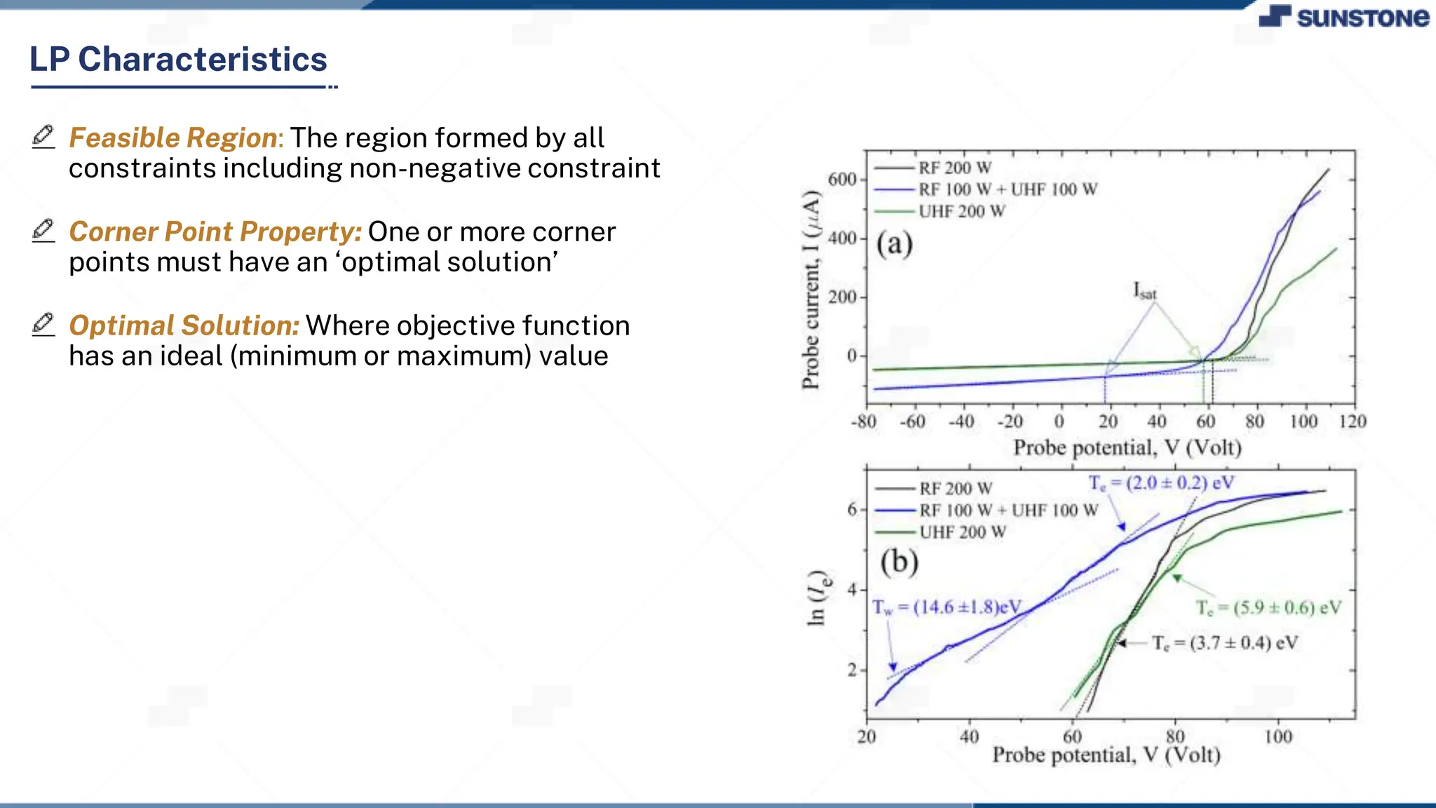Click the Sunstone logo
[x=1343, y=17]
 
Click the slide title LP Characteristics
[x=178, y=59]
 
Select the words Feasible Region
[x=173, y=138]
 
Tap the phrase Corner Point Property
[x=215, y=232]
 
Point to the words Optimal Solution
[x=184, y=326]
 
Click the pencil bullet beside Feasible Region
[x=43, y=136]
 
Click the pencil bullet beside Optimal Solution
[x=43, y=324]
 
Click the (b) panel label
[x=899, y=562]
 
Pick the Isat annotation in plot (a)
[x=1144, y=290]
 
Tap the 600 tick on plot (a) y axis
[x=841, y=180]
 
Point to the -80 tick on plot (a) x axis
[x=863, y=422]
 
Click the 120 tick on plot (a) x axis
[x=1352, y=422]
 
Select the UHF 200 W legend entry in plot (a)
[x=961, y=211]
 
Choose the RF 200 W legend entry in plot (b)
[x=955, y=488]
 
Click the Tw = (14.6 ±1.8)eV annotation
[x=947, y=607]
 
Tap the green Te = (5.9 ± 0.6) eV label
[x=1268, y=607]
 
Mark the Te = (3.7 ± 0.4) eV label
[x=1224, y=643]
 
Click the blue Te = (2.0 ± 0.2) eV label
[x=1160, y=483]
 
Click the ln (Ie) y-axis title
[x=818, y=596]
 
